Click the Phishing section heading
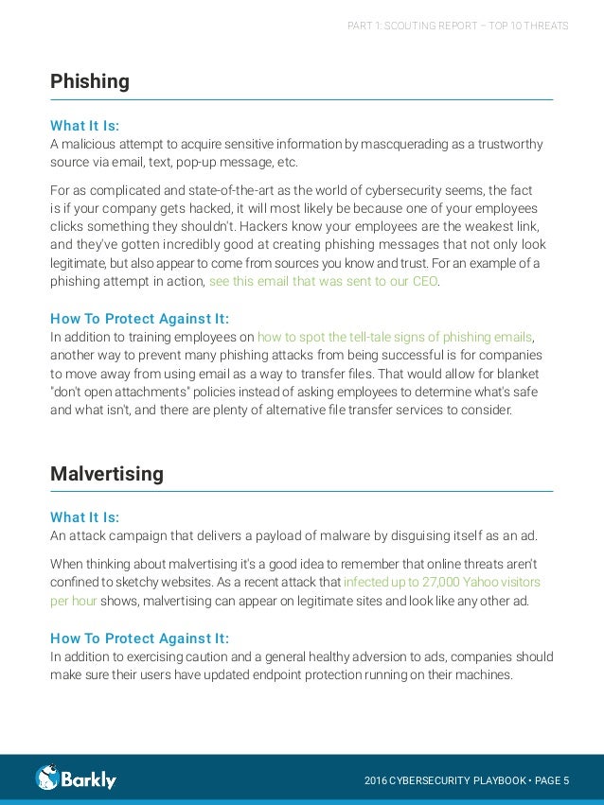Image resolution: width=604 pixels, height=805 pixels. coord(90,81)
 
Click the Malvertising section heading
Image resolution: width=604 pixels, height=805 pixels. coord(107,474)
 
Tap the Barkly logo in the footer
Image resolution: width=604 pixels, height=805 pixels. coord(76,779)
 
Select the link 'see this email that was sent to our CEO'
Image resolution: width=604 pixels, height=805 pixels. coord(324,281)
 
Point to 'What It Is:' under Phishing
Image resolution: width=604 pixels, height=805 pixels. coord(84,125)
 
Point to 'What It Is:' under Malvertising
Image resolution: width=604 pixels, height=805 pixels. coord(84,517)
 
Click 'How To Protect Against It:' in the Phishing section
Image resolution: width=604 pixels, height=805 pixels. coord(139,318)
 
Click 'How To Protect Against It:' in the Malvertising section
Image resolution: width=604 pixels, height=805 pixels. coord(139,638)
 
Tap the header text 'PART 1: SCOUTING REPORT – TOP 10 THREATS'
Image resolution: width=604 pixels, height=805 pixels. coord(458,26)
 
